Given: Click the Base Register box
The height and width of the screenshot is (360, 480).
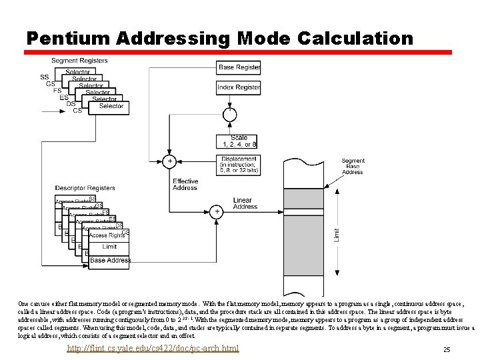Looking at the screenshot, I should [x=239, y=67].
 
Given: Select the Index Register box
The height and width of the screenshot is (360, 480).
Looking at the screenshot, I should [x=239, y=87].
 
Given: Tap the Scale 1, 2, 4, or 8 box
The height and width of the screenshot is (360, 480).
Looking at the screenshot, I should [x=237, y=141].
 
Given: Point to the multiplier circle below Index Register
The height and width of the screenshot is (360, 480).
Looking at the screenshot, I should [x=229, y=115].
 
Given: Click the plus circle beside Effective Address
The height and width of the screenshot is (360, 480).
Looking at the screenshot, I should [x=169, y=161].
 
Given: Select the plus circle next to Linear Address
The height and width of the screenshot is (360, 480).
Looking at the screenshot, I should [x=217, y=211].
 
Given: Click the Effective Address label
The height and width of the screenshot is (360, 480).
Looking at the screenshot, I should [x=185, y=185].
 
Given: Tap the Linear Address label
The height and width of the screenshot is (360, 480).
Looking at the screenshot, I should [x=245, y=203].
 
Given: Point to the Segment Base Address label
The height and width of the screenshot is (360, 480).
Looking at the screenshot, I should [x=353, y=166].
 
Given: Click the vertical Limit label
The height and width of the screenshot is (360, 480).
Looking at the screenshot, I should [x=336, y=235].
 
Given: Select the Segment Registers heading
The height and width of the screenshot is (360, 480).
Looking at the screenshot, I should [x=79, y=61].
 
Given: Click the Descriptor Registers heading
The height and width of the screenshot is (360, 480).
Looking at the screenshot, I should [x=85, y=188].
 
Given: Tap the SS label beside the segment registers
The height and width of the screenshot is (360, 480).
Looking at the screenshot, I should [x=44, y=77].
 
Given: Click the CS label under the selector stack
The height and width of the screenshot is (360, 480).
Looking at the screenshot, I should [x=77, y=111].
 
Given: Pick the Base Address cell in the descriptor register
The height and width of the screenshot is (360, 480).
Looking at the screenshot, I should [x=110, y=260].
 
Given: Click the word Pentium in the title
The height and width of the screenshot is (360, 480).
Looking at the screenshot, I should [x=67, y=39].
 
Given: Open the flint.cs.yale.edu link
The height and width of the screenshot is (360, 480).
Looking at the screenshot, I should [x=153, y=349].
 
